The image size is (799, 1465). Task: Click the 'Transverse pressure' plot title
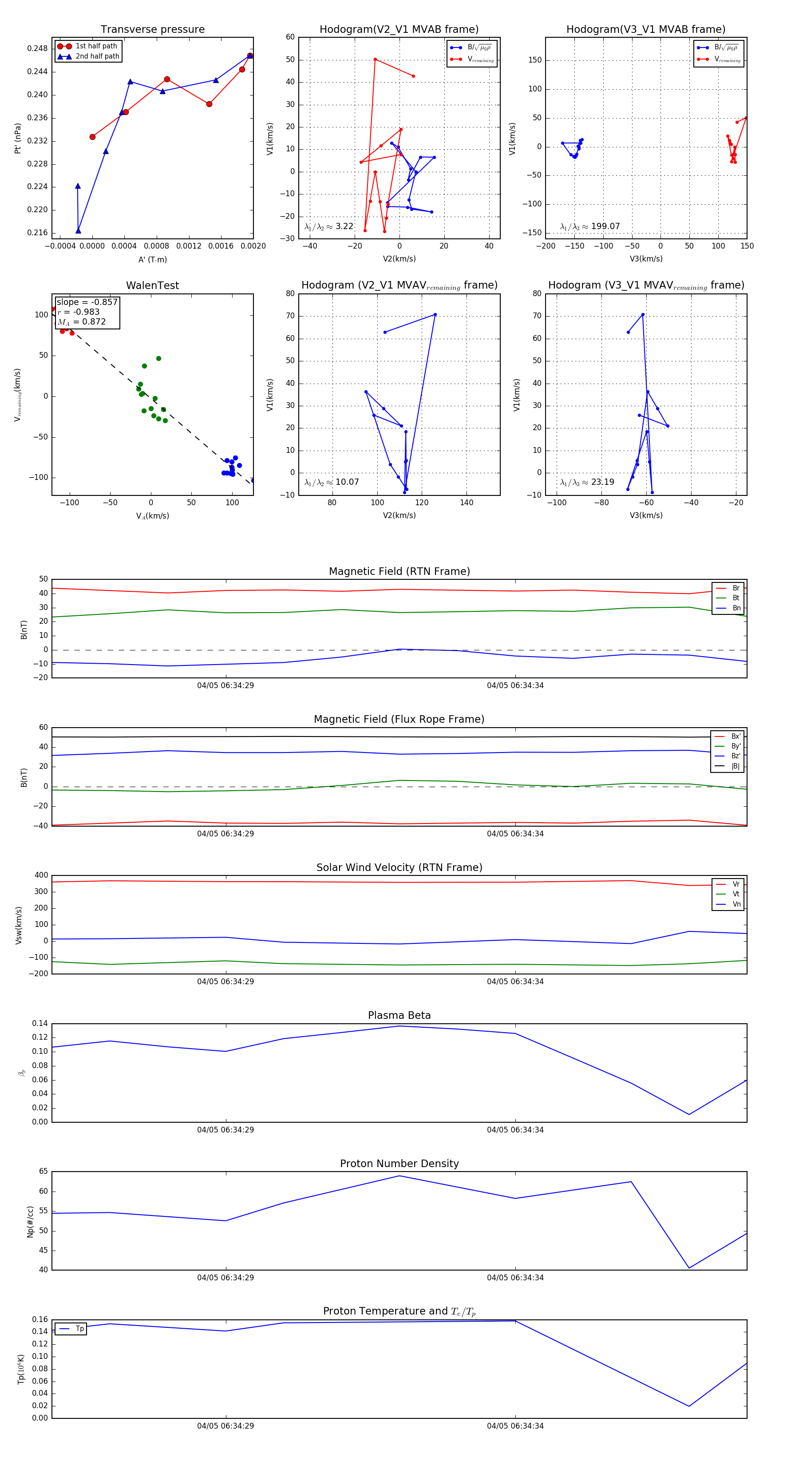coord(152,30)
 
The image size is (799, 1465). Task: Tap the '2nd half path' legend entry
coord(97,56)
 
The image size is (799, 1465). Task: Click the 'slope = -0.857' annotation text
coord(87,302)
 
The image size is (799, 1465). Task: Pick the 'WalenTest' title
coord(152,285)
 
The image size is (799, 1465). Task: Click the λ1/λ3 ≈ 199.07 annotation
coord(590,226)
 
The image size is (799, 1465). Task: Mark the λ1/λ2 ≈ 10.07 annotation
coord(332,482)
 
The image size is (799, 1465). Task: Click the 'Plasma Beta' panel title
coord(399,1016)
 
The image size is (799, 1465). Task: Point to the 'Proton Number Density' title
coord(399,1164)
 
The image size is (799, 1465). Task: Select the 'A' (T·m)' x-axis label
coord(152,259)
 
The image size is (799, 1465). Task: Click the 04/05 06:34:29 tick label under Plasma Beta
coord(225,1129)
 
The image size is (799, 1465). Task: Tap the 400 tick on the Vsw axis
coord(41,875)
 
